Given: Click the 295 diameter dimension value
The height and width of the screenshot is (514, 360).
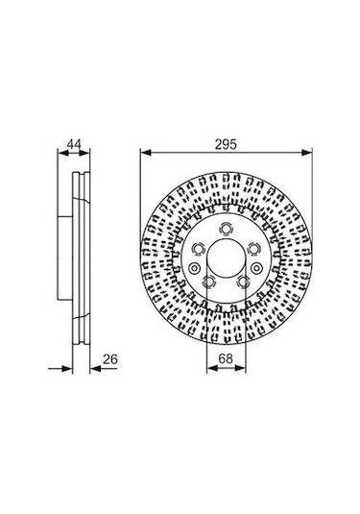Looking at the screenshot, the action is coord(226,144).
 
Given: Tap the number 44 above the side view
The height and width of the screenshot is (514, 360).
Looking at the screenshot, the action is coord(74,144).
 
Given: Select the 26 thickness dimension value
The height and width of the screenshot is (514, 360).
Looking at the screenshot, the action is coord(110,359).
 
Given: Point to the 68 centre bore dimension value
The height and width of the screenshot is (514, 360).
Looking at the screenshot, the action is coord(226,358).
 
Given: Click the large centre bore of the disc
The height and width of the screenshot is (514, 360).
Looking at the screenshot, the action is coord(226,257).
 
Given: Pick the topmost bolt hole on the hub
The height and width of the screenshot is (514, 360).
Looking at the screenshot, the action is coord(226,229).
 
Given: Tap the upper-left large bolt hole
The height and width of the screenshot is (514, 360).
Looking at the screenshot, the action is coord(198,250).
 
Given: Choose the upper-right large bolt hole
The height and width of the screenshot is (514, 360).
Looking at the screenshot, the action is coord(253,250).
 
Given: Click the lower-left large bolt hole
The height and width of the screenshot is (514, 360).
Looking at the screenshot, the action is coord(209,281).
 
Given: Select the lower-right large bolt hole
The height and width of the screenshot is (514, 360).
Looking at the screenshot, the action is coord(244,281).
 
